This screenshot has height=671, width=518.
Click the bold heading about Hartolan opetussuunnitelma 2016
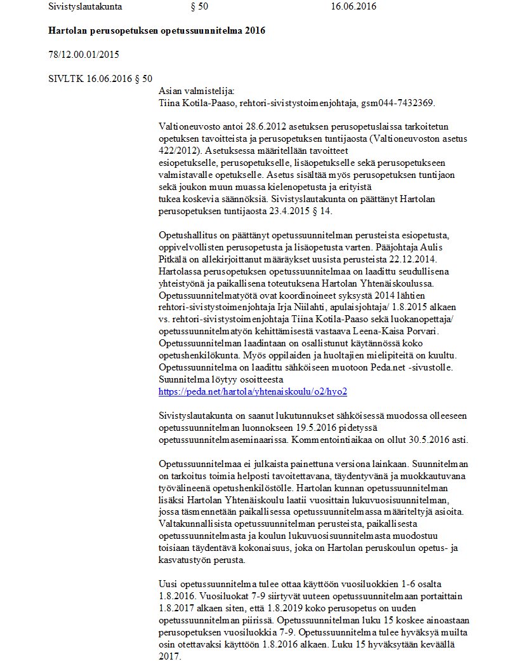[x=156, y=30]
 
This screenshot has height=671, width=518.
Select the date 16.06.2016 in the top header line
[x=353, y=7]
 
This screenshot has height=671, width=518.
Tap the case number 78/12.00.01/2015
[x=84, y=55]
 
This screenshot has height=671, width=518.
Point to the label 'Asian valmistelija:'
[x=196, y=91]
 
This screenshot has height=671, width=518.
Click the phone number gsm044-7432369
[x=398, y=103]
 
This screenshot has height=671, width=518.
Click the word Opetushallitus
[x=189, y=234]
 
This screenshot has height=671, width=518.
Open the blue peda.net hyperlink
[x=253, y=392]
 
